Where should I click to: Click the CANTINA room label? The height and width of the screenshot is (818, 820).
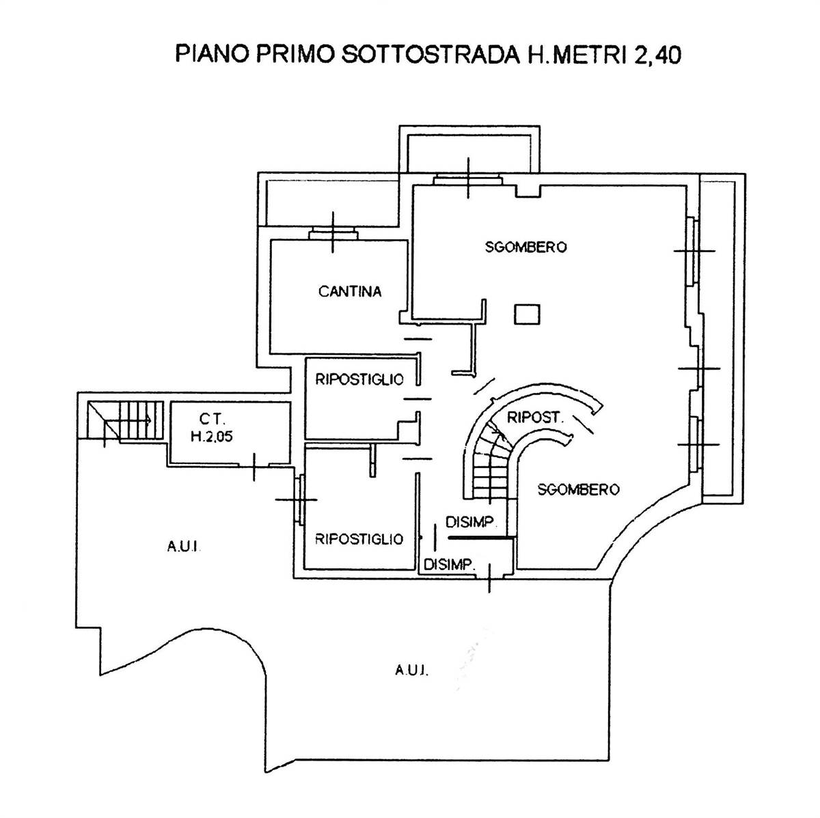click(350, 292)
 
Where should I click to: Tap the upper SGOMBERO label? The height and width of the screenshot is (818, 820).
click(526, 247)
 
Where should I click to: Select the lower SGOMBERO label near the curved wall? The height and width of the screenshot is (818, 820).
click(578, 489)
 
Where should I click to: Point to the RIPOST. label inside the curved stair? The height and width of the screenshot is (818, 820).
click(535, 418)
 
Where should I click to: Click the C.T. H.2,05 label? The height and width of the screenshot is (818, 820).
click(212, 428)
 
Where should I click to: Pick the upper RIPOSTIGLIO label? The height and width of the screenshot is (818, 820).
click(359, 379)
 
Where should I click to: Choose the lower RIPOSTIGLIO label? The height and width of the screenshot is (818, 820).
click(359, 539)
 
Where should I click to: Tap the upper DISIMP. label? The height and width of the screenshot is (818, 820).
click(471, 522)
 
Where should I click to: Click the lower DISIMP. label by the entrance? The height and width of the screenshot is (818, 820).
click(450, 564)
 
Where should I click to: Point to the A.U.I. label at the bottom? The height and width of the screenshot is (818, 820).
click(412, 671)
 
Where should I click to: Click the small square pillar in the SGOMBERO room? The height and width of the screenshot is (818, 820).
click(528, 314)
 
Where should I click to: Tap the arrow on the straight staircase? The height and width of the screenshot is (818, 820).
click(127, 420)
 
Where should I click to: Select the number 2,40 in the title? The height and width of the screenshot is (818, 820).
click(657, 56)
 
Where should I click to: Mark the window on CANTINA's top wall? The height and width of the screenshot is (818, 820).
click(333, 234)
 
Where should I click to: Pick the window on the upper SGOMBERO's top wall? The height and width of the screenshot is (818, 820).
click(468, 180)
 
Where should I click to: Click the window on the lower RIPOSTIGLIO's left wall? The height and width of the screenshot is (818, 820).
click(301, 500)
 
